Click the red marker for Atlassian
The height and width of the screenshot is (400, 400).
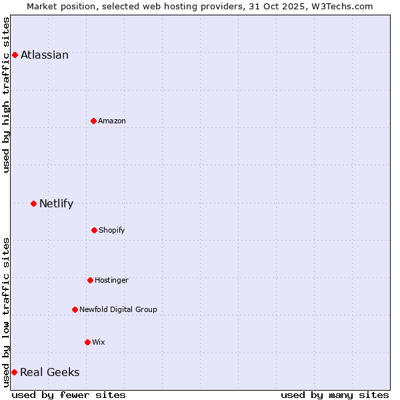[x=15, y=55]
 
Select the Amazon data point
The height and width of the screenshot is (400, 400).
[x=93, y=121]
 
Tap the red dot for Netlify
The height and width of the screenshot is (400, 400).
[x=33, y=203]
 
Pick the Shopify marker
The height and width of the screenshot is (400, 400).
[x=94, y=230]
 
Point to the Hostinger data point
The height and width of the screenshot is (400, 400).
[x=90, y=280]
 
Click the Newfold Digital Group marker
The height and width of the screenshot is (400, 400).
[x=75, y=309]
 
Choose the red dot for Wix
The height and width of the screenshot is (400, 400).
[x=87, y=342]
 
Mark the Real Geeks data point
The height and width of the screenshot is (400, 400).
[x=14, y=372]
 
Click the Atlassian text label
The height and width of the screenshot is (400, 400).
[x=45, y=55]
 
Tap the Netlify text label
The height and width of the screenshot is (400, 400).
[x=56, y=203]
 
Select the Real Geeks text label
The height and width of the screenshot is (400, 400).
[x=50, y=372]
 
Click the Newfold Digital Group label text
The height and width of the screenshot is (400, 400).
[x=118, y=309]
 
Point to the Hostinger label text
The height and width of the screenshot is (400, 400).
[x=111, y=280]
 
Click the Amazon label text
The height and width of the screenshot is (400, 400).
[x=112, y=121]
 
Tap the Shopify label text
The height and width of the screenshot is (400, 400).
[x=112, y=230]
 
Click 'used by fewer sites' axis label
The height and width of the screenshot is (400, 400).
[x=69, y=395]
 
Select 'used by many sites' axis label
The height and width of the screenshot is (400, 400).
[x=335, y=395]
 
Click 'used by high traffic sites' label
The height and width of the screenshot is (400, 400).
[x=6, y=95]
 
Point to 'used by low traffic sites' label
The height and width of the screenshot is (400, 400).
[x=6, y=312]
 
